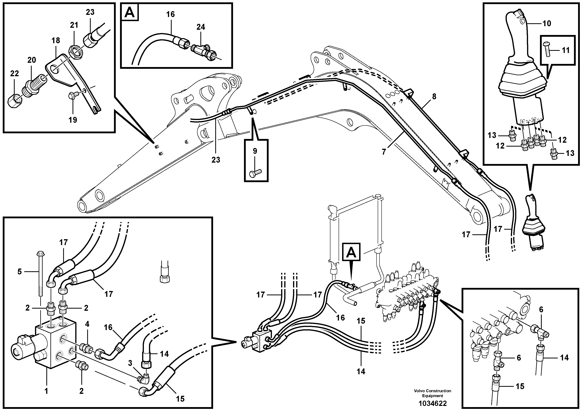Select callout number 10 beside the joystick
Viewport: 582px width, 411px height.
(x=547, y=24)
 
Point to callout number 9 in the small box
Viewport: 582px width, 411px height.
(x=255, y=151)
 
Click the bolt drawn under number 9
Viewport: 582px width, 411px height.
(x=255, y=173)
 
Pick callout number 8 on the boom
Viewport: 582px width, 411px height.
(x=434, y=96)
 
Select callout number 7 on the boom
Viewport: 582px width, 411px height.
(x=384, y=152)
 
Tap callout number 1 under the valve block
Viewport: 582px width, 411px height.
(x=46, y=391)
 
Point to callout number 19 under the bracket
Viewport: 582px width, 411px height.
(x=73, y=120)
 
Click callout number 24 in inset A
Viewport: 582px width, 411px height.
(x=201, y=27)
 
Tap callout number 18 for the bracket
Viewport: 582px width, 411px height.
(x=56, y=40)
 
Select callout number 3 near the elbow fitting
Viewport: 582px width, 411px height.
(x=130, y=363)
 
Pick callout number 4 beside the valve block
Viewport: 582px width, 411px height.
(x=87, y=324)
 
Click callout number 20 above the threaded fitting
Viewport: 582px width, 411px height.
(x=32, y=60)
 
